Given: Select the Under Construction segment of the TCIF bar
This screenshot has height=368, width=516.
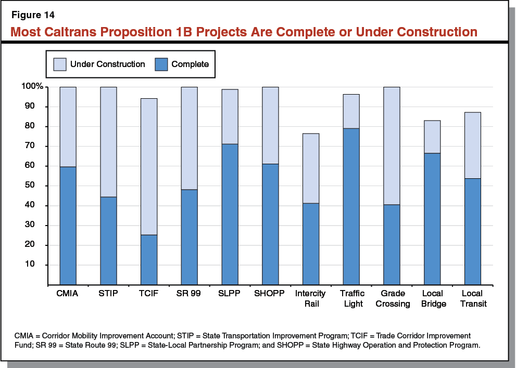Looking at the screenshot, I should tap(148, 166).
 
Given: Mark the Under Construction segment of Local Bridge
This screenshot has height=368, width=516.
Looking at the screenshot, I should tap(432, 137).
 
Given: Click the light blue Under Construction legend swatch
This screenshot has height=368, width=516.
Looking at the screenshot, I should tap(59, 64).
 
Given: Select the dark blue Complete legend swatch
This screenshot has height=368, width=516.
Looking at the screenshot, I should tap(161, 64).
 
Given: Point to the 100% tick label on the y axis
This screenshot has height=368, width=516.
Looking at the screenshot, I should tap(32, 86).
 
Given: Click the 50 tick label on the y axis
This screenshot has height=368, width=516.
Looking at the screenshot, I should tap(37, 186).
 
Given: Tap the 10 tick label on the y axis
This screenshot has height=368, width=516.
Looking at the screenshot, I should tap(37, 265).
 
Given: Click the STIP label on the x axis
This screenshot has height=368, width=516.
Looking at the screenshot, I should tap(108, 294).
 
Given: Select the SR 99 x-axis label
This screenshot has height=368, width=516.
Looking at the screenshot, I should tap(189, 294).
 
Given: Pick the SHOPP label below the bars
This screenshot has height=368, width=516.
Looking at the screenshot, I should tap(270, 294).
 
